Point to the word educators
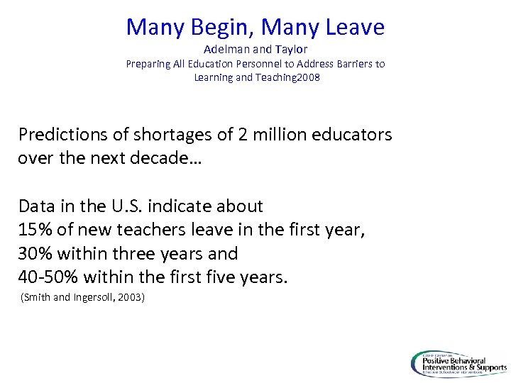pyautogui.click(x=353, y=135)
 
